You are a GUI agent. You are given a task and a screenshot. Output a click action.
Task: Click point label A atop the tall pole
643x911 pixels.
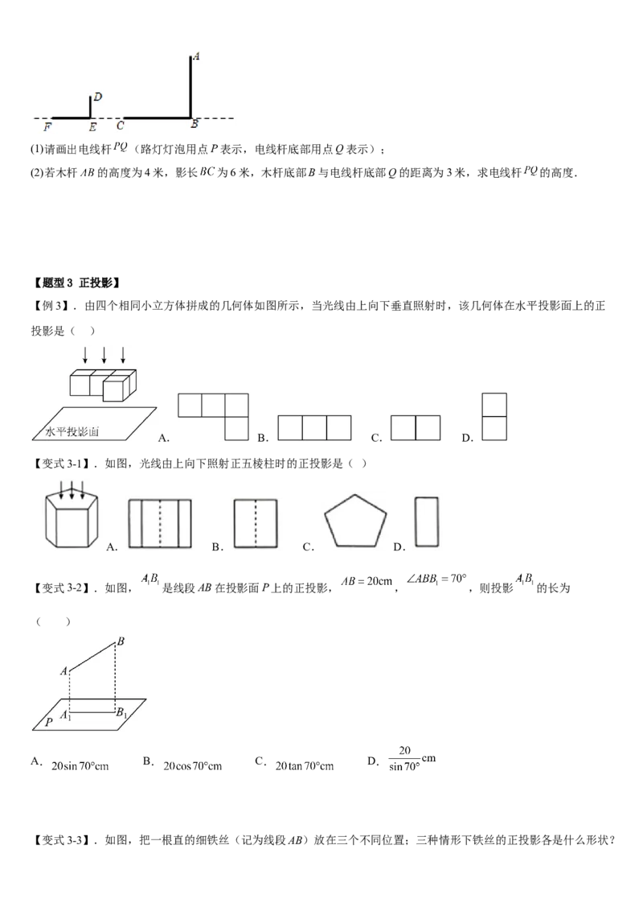click(196, 56)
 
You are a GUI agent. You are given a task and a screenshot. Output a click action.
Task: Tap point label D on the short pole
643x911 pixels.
click(97, 97)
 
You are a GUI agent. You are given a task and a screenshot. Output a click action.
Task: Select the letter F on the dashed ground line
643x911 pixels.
click(47, 126)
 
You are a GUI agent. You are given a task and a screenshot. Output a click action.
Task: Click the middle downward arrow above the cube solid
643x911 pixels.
click(104, 355)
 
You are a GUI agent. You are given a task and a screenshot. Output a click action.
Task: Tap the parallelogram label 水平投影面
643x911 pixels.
click(72, 431)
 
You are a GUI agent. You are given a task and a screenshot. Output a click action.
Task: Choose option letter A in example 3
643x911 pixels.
click(163, 438)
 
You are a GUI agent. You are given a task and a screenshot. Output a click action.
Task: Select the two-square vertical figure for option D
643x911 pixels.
click(494, 417)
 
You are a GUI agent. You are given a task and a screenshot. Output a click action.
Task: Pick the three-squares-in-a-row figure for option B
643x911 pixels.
click(314, 427)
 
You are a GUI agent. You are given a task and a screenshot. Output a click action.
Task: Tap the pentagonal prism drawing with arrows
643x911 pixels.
click(72, 514)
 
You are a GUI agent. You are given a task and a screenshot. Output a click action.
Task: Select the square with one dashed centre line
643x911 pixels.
click(256, 523)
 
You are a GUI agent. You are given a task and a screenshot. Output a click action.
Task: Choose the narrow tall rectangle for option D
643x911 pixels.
click(427, 521)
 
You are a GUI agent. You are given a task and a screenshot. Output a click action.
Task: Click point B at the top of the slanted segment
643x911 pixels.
click(121, 641)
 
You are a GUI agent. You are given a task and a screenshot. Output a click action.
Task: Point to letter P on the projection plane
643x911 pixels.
click(49, 722)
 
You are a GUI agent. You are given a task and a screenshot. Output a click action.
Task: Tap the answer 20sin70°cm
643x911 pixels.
click(80, 766)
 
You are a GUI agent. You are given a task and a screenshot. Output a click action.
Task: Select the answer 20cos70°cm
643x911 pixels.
click(193, 766)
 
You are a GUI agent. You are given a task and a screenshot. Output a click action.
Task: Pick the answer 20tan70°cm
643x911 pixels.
click(305, 766)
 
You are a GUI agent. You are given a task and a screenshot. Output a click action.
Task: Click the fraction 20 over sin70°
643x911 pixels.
click(404, 758)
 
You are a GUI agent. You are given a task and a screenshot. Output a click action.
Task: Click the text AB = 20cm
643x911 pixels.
click(367, 581)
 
